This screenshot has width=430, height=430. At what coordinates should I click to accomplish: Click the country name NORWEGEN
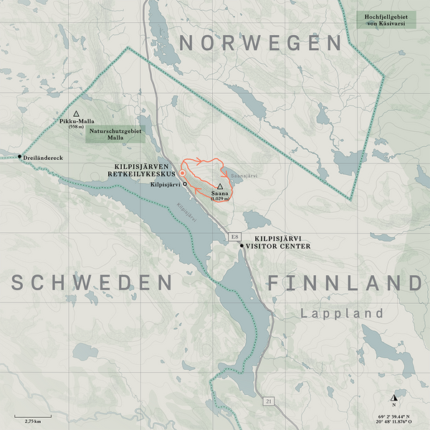pyautogui.click(x=260, y=44)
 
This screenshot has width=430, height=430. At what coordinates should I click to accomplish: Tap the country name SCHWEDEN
pyautogui.click(x=90, y=282)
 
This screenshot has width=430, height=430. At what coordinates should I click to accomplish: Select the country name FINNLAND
pyautogui.click(x=345, y=282)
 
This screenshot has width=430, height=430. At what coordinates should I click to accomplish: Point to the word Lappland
pyautogui.click(x=343, y=313)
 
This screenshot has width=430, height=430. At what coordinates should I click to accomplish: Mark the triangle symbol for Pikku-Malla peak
pyautogui.click(x=75, y=113)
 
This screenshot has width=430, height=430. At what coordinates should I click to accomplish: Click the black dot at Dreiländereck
pyautogui.click(x=19, y=157)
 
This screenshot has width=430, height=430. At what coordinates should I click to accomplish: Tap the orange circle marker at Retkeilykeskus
pyautogui.click(x=182, y=173)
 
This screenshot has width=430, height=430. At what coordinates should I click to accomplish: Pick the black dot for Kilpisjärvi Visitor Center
pyautogui.click(x=242, y=246)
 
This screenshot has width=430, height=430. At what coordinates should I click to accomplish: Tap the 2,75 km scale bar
pyautogui.click(x=32, y=415)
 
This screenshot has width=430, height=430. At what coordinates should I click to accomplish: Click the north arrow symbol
pyautogui.click(x=393, y=398)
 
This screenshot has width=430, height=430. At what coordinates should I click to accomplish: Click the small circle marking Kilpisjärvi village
pyautogui.click(x=185, y=184)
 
